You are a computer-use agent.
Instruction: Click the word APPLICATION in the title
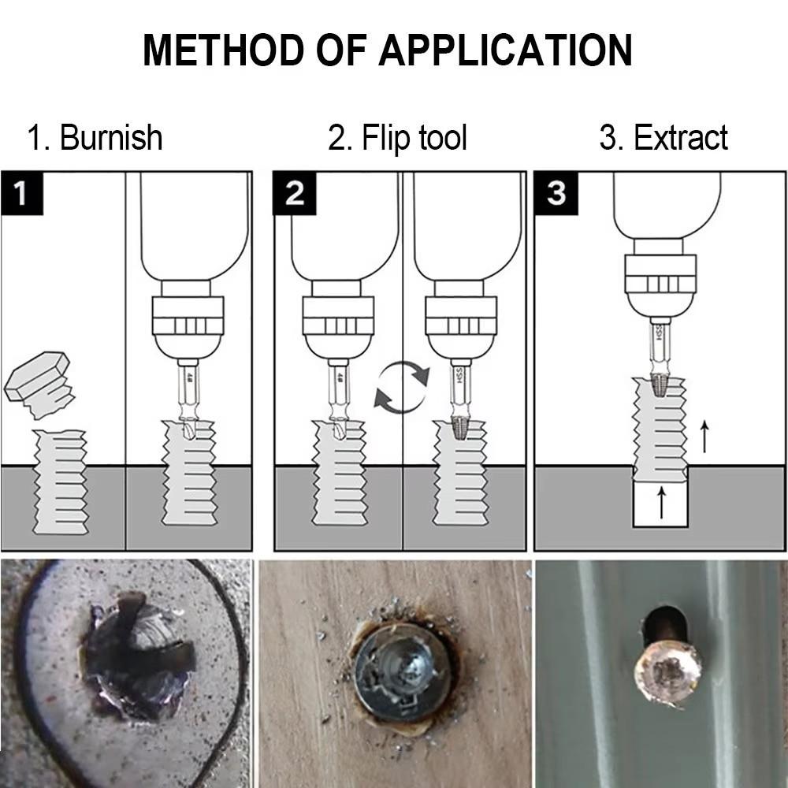[505, 50]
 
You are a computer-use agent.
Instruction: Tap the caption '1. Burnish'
[95, 138]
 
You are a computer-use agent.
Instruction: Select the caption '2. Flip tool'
[397, 138]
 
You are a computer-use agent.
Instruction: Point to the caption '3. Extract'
[663, 138]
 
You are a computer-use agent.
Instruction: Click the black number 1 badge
[21, 193]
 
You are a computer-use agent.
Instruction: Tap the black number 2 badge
[294, 193]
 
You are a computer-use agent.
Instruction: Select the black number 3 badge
[556, 193]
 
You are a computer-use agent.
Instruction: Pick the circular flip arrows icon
[402, 386]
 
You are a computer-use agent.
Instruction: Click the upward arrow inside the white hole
[661, 502]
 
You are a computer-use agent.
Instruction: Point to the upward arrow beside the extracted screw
[704, 436]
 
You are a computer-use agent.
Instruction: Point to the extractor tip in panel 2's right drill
[460, 428]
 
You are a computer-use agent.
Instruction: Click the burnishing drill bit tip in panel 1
[188, 429]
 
